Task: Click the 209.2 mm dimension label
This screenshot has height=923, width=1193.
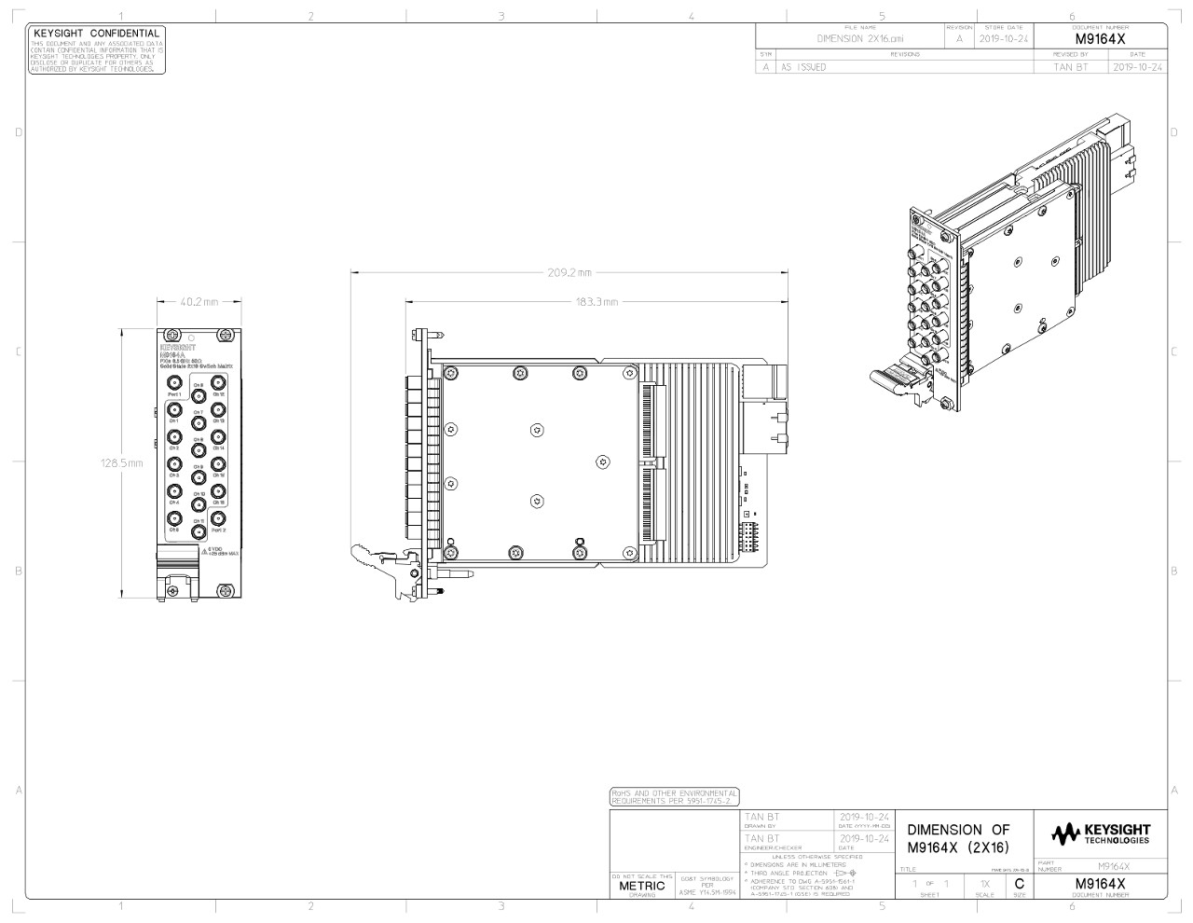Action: (569, 272)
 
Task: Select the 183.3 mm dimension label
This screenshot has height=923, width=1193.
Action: (597, 301)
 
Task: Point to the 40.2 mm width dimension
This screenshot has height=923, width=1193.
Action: (199, 301)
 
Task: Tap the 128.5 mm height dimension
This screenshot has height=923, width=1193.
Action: (122, 462)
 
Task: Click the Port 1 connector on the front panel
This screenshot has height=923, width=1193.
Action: (173, 382)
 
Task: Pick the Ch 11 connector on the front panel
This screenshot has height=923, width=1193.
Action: (198, 531)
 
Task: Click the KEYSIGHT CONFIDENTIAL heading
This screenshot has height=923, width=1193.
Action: (96, 34)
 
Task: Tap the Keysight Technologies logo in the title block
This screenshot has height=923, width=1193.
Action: (1100, 832)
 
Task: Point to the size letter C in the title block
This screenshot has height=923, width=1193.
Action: (1020, 883)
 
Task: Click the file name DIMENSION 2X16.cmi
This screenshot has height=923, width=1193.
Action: (860, 39)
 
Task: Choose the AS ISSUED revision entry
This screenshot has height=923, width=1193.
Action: (803, 67)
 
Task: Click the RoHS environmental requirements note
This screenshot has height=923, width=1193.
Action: (674, 797)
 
